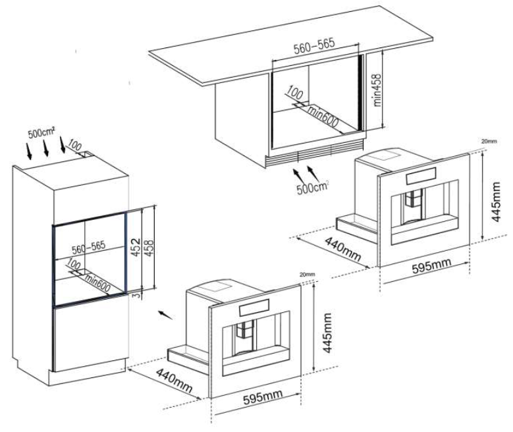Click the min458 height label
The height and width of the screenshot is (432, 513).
[377, 90]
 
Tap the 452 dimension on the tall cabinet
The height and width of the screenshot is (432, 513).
[136, 247]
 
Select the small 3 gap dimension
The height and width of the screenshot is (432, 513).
[138, 294]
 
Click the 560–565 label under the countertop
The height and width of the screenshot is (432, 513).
[314, 46]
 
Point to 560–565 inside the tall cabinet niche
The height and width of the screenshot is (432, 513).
[89, 248]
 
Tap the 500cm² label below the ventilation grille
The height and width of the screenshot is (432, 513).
[312, 188]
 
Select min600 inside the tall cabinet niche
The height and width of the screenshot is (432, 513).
[97, 283]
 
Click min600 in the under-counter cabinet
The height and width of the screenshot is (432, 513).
[322, 117]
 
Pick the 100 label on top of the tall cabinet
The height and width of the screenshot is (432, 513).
[75, 144]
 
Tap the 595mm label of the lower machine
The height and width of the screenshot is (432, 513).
[263, 396]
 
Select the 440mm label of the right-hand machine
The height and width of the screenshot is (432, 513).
[342, 249]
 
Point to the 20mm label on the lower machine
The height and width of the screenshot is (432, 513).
[308, 274]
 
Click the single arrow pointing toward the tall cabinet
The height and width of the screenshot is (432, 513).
[165, 315]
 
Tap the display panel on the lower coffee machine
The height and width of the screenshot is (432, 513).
[254, 308]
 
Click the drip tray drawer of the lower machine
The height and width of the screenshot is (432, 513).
[188, 356]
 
